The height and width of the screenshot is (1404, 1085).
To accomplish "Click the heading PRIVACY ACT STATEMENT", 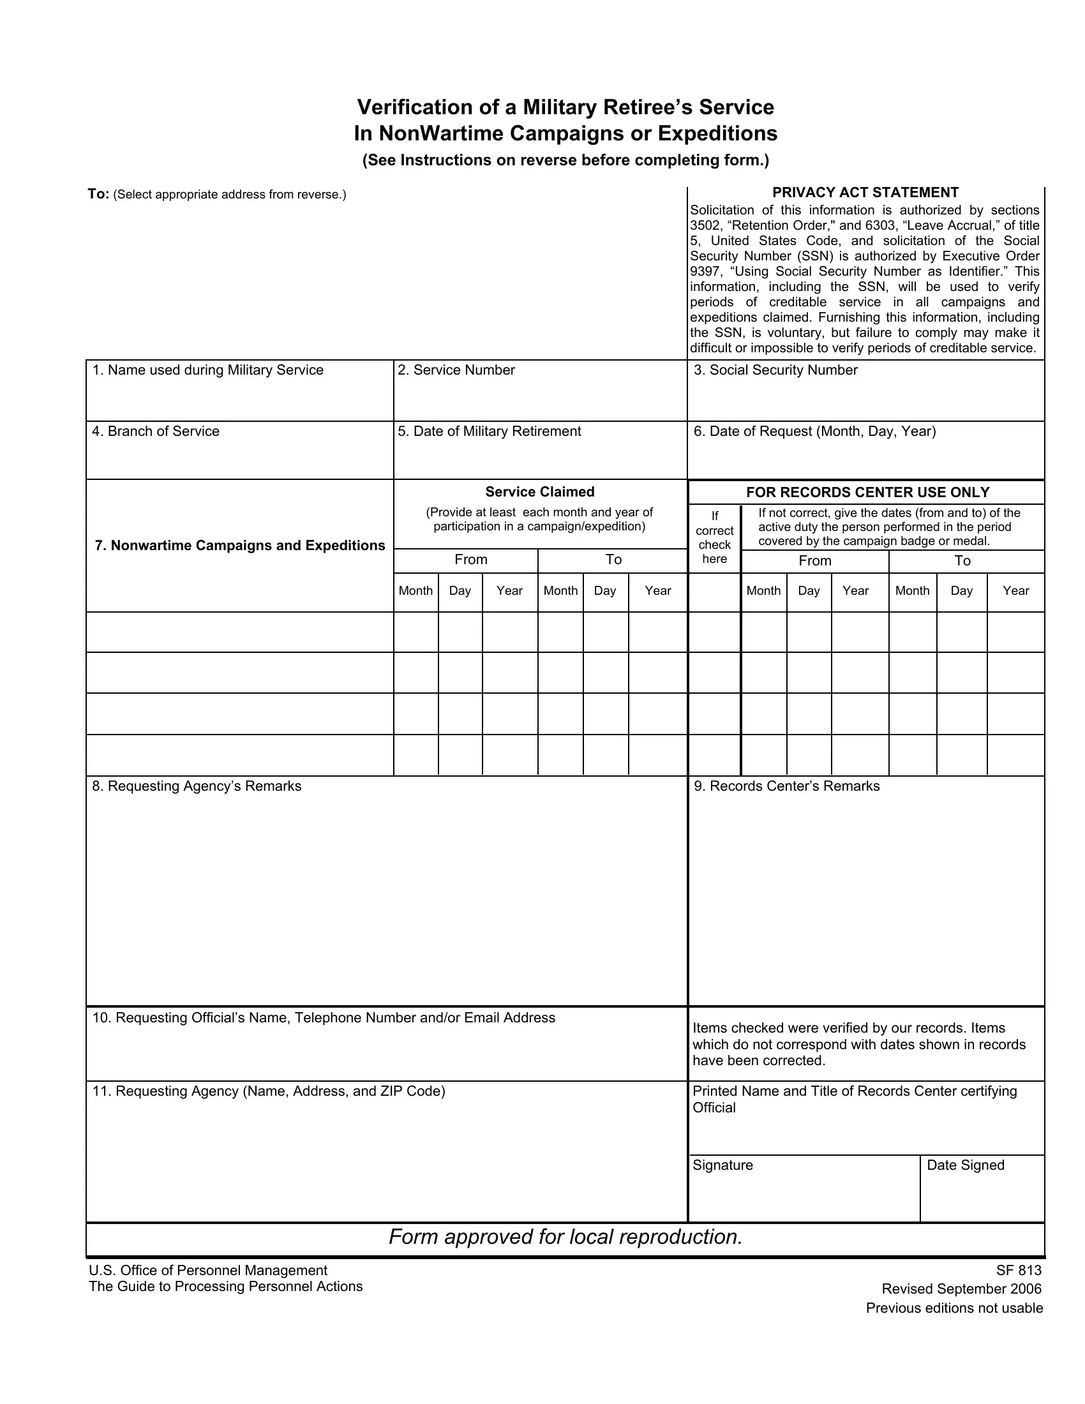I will tap(865, 192).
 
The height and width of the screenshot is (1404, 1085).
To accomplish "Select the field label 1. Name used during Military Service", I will tap(207, 370).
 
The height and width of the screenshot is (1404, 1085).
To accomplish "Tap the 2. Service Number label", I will tap(456, 370).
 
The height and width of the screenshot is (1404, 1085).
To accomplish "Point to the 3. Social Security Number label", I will tap(776, 370).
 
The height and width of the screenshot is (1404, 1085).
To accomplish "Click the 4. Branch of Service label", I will tap(156, 431).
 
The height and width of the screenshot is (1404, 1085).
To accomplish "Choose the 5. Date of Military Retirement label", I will tap(489, 431).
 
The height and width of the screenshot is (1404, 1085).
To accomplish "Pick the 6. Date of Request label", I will tap(814, 431).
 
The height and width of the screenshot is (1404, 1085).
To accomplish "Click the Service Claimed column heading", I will tap(540, 492).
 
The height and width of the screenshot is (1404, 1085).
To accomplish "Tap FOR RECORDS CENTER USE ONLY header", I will tap(868, 493).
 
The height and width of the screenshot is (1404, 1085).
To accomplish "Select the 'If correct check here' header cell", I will tap(714, 537).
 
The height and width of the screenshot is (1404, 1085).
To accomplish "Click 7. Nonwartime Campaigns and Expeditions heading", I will tap(240, 546).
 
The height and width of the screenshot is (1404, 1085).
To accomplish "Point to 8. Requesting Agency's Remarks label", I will tap(197, 786).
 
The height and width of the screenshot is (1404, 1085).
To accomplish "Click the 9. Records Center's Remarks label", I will tap(787, 786).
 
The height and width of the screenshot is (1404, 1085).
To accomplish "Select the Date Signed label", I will tap(966, 1165).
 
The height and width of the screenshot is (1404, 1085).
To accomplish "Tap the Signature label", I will tap(722, 1165).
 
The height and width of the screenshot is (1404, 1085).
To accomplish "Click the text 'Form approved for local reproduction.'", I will tap(565, 1237).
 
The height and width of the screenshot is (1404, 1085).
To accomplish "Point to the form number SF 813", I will tap(1019, 1270).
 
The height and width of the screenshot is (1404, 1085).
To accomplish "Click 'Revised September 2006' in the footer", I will tap(962, 1289).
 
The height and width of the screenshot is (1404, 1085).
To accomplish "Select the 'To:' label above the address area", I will tap(98, 194).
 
